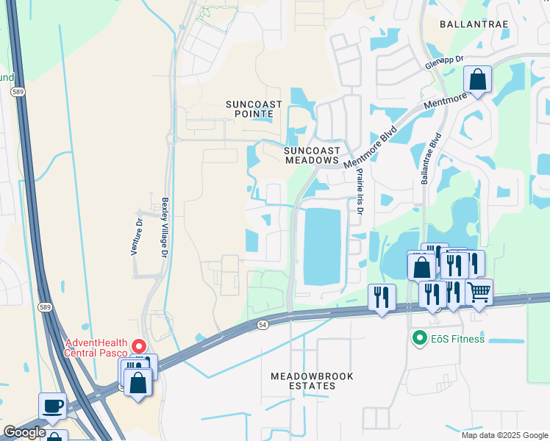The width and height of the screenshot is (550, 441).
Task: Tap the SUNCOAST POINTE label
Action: click(253, 109)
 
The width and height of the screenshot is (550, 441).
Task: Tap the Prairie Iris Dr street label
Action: click(360, 191)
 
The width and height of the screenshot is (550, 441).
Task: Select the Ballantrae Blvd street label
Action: click(430, 158)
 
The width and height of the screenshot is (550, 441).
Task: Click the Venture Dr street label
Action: click(136, 234)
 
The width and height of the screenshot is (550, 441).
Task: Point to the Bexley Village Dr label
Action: click(165, 226)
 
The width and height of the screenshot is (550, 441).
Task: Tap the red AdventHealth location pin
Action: click(138, 345)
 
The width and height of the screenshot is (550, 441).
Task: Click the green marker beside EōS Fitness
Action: click(419, 339)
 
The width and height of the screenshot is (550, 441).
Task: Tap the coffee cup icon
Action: click(52, 406)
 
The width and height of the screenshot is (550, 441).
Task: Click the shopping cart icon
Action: click(479, 292)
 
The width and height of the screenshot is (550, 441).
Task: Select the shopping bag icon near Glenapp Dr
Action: click(477, 79)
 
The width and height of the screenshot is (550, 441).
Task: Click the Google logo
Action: click(24, 432)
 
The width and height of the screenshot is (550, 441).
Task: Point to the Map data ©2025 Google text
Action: click(504, 435)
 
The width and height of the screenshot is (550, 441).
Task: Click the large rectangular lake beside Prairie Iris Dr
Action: click(322, 246)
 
